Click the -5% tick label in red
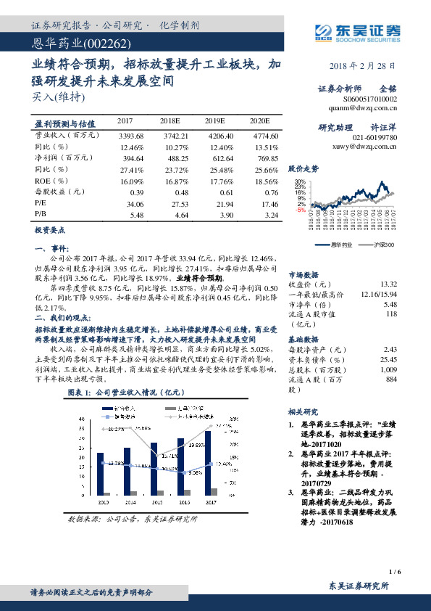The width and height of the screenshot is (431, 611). (300, 210)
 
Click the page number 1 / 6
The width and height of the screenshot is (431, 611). (395, 573)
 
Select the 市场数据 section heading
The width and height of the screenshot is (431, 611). (304, 275)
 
